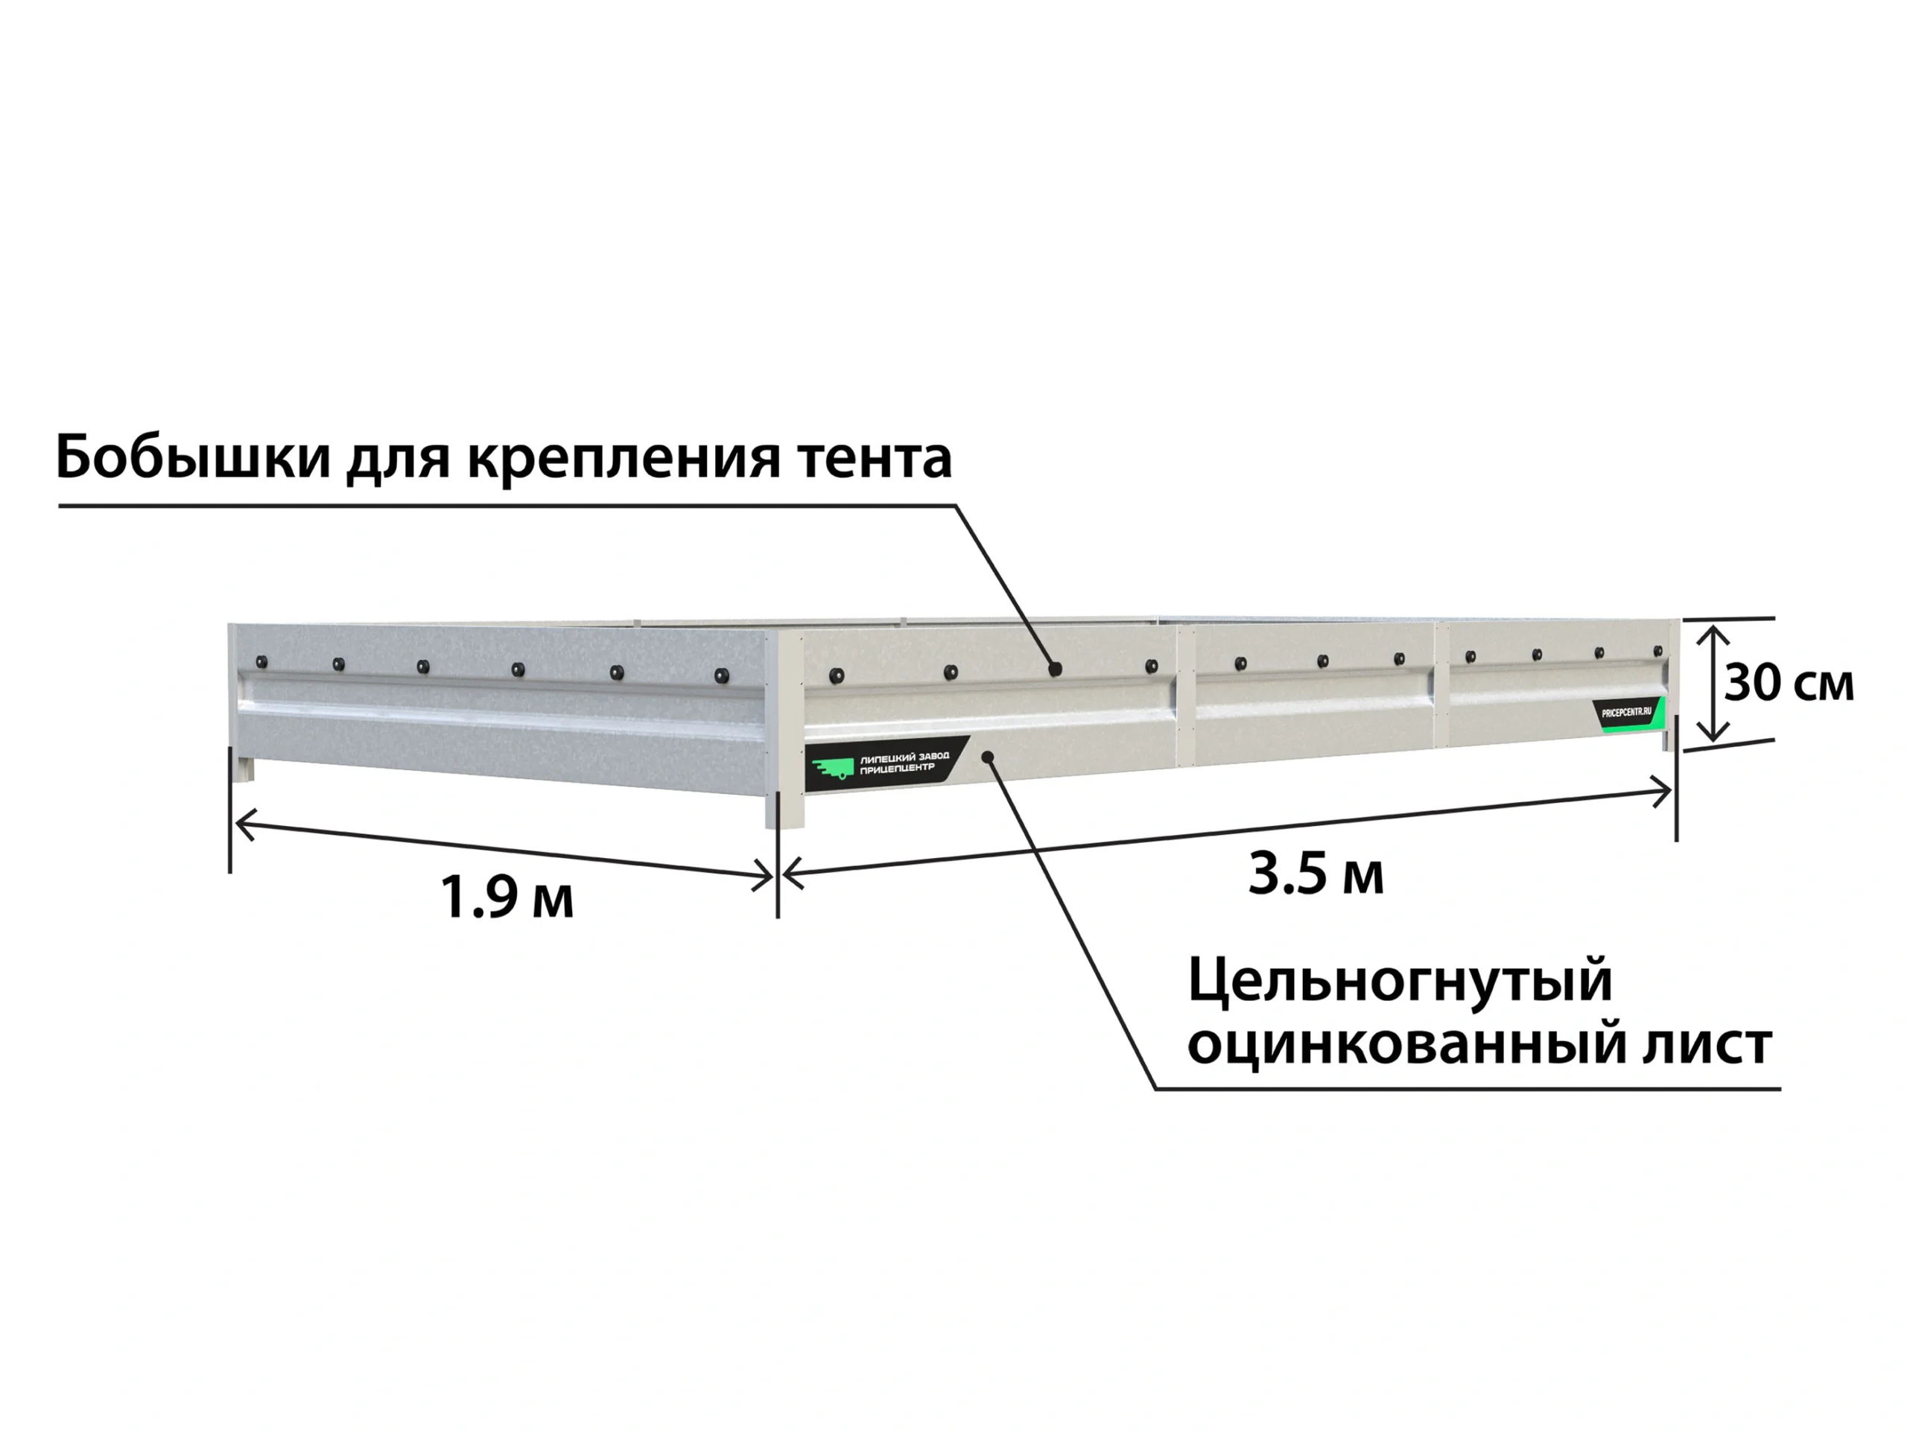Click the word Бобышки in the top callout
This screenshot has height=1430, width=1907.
(x=193, y=458)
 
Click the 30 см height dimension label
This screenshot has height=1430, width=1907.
(x=1788, y=684)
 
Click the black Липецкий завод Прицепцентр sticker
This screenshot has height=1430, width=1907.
(x=888, y=763)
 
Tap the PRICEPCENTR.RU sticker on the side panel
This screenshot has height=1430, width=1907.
(x=1628, y=714)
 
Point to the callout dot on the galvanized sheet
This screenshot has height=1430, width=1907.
(x=989, y=757)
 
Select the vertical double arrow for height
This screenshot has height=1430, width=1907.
(x=1713, y=684)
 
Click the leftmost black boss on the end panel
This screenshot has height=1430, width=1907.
(x=261, y=663)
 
